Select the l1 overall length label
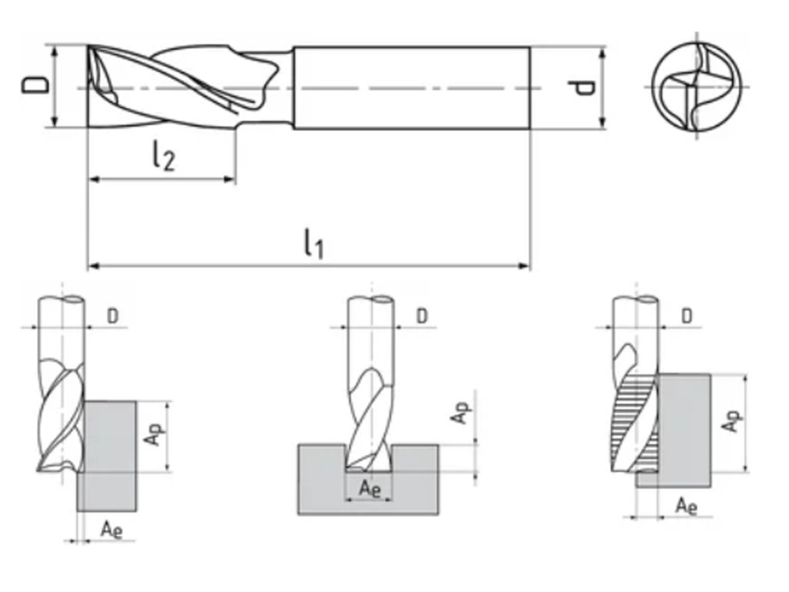click(313, 245)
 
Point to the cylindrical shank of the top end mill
click(411, 87)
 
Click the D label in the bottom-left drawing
click(112, 315)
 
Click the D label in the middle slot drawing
click(422, 315)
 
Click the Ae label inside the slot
click(371, 489)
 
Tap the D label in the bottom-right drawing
click(687, 315)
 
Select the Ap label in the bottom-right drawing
click(733, 421)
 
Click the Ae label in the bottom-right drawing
click(687, 506)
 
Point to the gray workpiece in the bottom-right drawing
click(683, 428)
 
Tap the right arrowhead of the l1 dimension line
click(526, 266)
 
